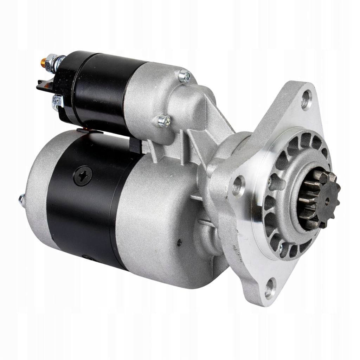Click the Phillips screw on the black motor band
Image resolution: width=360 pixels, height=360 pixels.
[x=83, y=175]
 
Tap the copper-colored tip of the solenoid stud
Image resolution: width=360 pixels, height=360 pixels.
[x=43, y=63]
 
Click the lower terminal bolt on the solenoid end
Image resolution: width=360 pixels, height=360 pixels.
[x=56, y=102]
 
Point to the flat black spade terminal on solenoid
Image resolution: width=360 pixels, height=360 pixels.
[x=43, y=85]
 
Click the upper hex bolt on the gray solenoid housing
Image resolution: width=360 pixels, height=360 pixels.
[x=185, y=76]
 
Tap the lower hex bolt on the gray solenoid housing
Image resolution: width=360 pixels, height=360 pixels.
[x=164, y=121]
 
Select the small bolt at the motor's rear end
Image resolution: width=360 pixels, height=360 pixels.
[x=22, y=200]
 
